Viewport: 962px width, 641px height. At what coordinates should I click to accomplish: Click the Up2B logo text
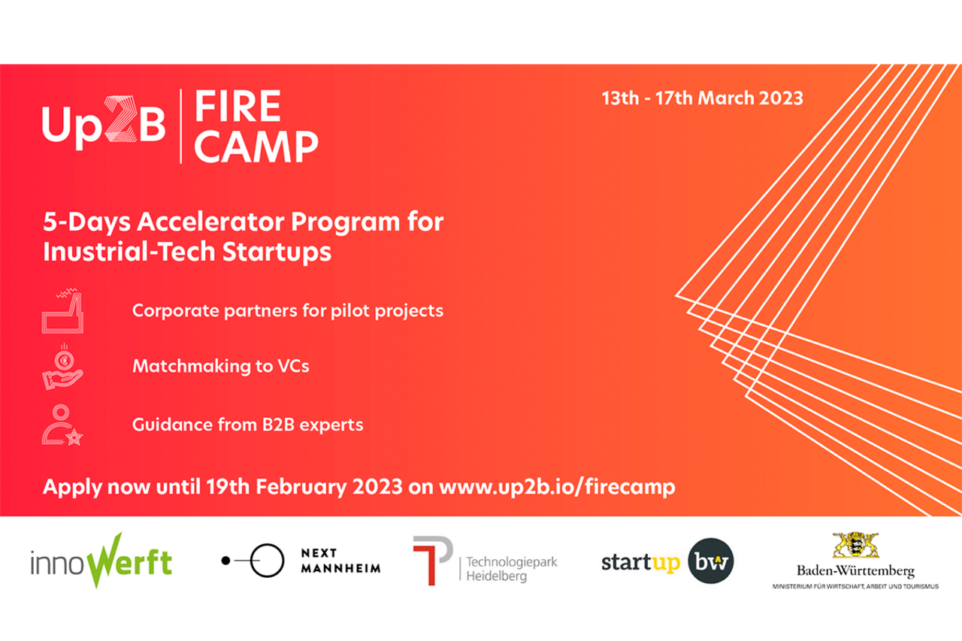point(104,123)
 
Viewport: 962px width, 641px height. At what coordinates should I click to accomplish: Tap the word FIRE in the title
point(238,106)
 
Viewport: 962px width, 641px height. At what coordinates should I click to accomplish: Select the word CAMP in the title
point(256,147)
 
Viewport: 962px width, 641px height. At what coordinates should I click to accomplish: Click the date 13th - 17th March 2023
point(702,98)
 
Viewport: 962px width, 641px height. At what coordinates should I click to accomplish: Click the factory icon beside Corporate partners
point(62,311)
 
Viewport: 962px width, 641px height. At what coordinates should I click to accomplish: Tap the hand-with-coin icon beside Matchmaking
point(62,367)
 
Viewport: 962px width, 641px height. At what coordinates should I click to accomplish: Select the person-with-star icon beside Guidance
point(62,425)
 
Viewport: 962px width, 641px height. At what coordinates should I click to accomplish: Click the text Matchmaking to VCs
point(221,366)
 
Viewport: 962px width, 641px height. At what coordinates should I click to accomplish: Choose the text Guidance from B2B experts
point(248,425)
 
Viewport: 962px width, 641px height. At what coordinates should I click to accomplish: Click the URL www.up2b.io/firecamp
point(557,487)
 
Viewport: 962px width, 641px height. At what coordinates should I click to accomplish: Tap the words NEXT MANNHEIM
point(340,561)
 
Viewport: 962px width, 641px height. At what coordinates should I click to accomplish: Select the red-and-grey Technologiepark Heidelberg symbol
point(432,561)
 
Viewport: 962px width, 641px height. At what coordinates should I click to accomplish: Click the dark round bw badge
point(711,561)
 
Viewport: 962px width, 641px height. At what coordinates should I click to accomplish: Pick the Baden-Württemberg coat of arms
point(855,546)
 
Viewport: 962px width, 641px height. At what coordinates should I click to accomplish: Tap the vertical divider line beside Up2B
point(181,126)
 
